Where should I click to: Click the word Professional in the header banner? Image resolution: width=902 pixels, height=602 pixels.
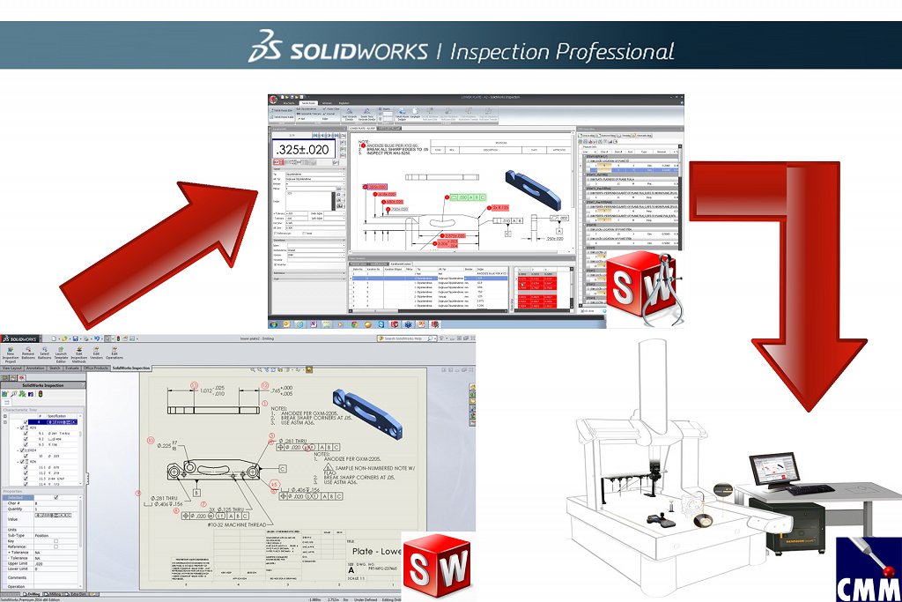[x=607, y=51]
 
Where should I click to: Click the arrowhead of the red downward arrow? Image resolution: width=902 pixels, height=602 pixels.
[x=808, y=370]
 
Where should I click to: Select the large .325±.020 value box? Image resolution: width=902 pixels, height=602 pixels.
[x=302, y=149]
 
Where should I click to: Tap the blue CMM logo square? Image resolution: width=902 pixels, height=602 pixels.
[x=868, y=569]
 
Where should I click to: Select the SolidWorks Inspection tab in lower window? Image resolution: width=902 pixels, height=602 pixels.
[x=130, y=367]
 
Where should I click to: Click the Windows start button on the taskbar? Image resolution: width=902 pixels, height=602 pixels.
[x=275, y=323]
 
